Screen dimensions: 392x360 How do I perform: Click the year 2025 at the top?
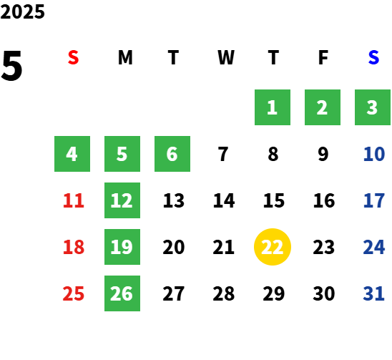point(22,11)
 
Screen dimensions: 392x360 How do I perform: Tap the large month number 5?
point(11,66)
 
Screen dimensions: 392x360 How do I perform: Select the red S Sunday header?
point(73,57)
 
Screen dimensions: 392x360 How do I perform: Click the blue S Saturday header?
point(373,57)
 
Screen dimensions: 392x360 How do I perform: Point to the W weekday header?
point(226,57)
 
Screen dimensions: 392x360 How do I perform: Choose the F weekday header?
point(323,57)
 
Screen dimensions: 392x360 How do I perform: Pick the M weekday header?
point(125,57)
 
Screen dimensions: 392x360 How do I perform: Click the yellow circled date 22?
point(273,247)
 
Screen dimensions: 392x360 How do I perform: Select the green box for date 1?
point(273,107)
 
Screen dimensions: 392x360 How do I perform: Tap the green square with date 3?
point(373,107)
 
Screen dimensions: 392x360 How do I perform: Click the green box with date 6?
point(172,154)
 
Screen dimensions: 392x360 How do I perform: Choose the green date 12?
point(122,200)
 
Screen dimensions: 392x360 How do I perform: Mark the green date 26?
point(122,293)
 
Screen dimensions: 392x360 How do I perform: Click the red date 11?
point(74,200)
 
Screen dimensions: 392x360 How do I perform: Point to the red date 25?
point(74,293)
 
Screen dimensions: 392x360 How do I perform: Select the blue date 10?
point(374,154)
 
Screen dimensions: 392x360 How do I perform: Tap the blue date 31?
point(373,293)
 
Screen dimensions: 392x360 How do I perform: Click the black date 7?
point(223,154)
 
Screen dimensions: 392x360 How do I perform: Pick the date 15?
point(274,200)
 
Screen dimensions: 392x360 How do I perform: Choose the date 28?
point(223,293)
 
